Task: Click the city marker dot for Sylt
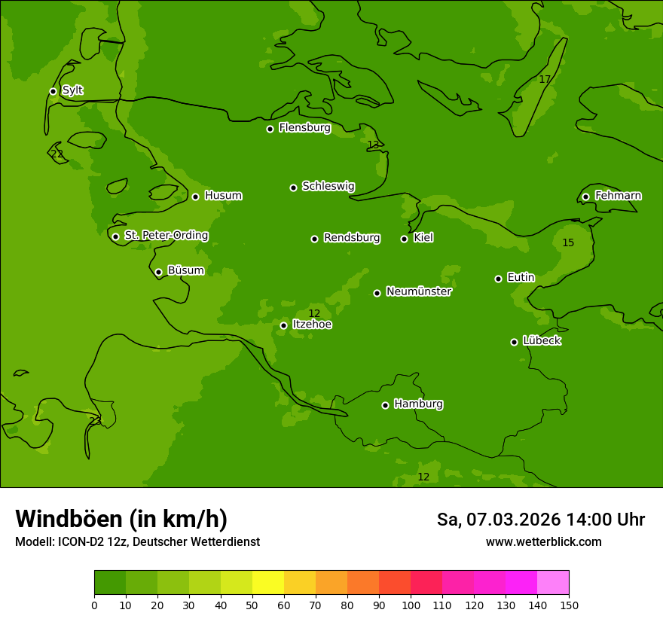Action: (x=53, y=91)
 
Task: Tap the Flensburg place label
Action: (x=304, y=128)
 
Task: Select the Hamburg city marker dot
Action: (x=385, y=405)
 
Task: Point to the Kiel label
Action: (x=423, y=238)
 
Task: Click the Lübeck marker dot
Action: (x=514, y=342)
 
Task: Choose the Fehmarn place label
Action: (x=618, y=196)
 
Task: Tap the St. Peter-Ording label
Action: (x=166, y=236)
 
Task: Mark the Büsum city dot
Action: (x=158, y=272)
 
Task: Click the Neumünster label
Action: (x=418, y=291)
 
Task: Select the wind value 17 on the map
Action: (x=545, y=79)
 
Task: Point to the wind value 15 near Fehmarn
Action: (x=568, y=242)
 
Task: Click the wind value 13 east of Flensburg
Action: (x=373, y=145)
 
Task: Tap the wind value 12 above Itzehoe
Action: (x=314, y=313)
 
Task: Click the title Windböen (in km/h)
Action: (x=121, y=519)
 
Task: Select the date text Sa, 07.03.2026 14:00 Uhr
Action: (x=540, y=520)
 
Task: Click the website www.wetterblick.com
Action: (x=543, y=541)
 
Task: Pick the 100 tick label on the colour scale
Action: (x=411, y=605)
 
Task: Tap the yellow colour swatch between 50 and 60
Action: (x=268, y=583)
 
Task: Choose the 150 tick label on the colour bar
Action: (x=569, y=605)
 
